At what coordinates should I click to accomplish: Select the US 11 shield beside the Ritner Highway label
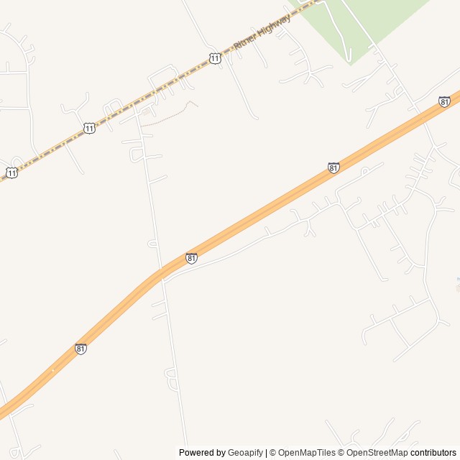(x=215, y=57)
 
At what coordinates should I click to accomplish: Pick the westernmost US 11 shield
(x=12, y=172)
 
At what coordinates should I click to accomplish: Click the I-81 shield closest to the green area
(x=444, y=101)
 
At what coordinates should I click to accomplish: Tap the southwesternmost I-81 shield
(x=80, y=349)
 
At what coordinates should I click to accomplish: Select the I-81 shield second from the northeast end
(x=333, y=167)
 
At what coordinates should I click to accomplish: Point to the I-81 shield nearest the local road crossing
(x=191, y=258)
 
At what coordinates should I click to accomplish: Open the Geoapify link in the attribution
(x=246, y=453)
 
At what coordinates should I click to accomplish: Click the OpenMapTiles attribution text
(x=307, y=453)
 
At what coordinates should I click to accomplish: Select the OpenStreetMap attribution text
(x=377, y=453)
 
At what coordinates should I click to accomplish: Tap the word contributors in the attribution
(x=433, y=453)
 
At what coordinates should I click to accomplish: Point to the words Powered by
(x=202, y=453)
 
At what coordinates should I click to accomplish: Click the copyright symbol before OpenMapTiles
(x=272, y=453)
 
